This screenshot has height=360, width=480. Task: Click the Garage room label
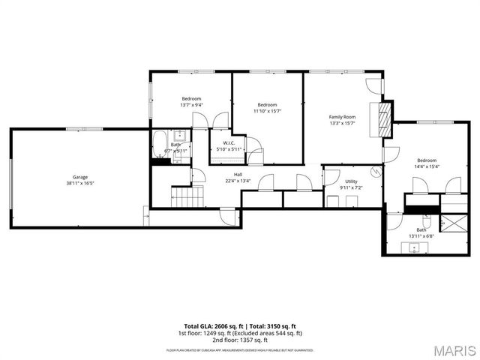(x=79, y=177)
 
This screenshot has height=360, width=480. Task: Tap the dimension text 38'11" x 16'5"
(x=79, y=183)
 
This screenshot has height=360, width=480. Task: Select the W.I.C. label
(x=229, y=143)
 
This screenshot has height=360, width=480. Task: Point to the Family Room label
(x=342, y=117)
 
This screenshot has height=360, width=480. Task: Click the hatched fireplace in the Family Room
(x=385, y=118)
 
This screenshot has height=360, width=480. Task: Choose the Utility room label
(x=352, y=181)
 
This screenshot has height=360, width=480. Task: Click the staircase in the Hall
(x=188, y=197)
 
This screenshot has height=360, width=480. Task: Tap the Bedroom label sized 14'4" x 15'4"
(x=427, y=160)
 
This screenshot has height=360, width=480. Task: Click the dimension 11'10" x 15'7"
(x=268, y=111)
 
